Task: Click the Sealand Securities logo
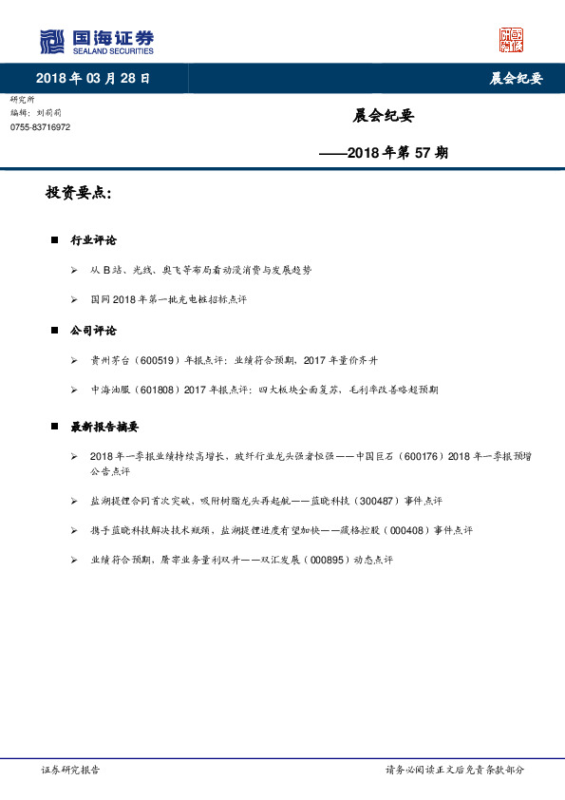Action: pyautogui.click(x=96, y=41)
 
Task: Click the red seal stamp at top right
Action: pyautogui.click(x=512, y=39)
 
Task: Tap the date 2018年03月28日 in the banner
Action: pyautogui.click(x=93, y=78)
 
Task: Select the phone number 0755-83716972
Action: pyautogui.click(x=40, y=127)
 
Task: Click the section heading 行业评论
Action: pyautogui.click(x=93, y=240)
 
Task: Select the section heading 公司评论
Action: pyautogui.click(x=93, y=331)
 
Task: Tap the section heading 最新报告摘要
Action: pyautogui.click(x=111, y=428)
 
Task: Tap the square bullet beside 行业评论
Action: pyautogui.click(x=54, y=240)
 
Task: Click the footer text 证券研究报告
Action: pyautogui.click(x=70, y=770)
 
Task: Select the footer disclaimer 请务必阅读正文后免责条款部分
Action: pyautogui.click(x=454, y=770)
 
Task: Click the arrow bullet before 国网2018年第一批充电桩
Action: pyautogui.click(x=74, y=299)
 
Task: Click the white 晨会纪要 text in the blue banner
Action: pyautogui.click(x=516, y=79)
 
